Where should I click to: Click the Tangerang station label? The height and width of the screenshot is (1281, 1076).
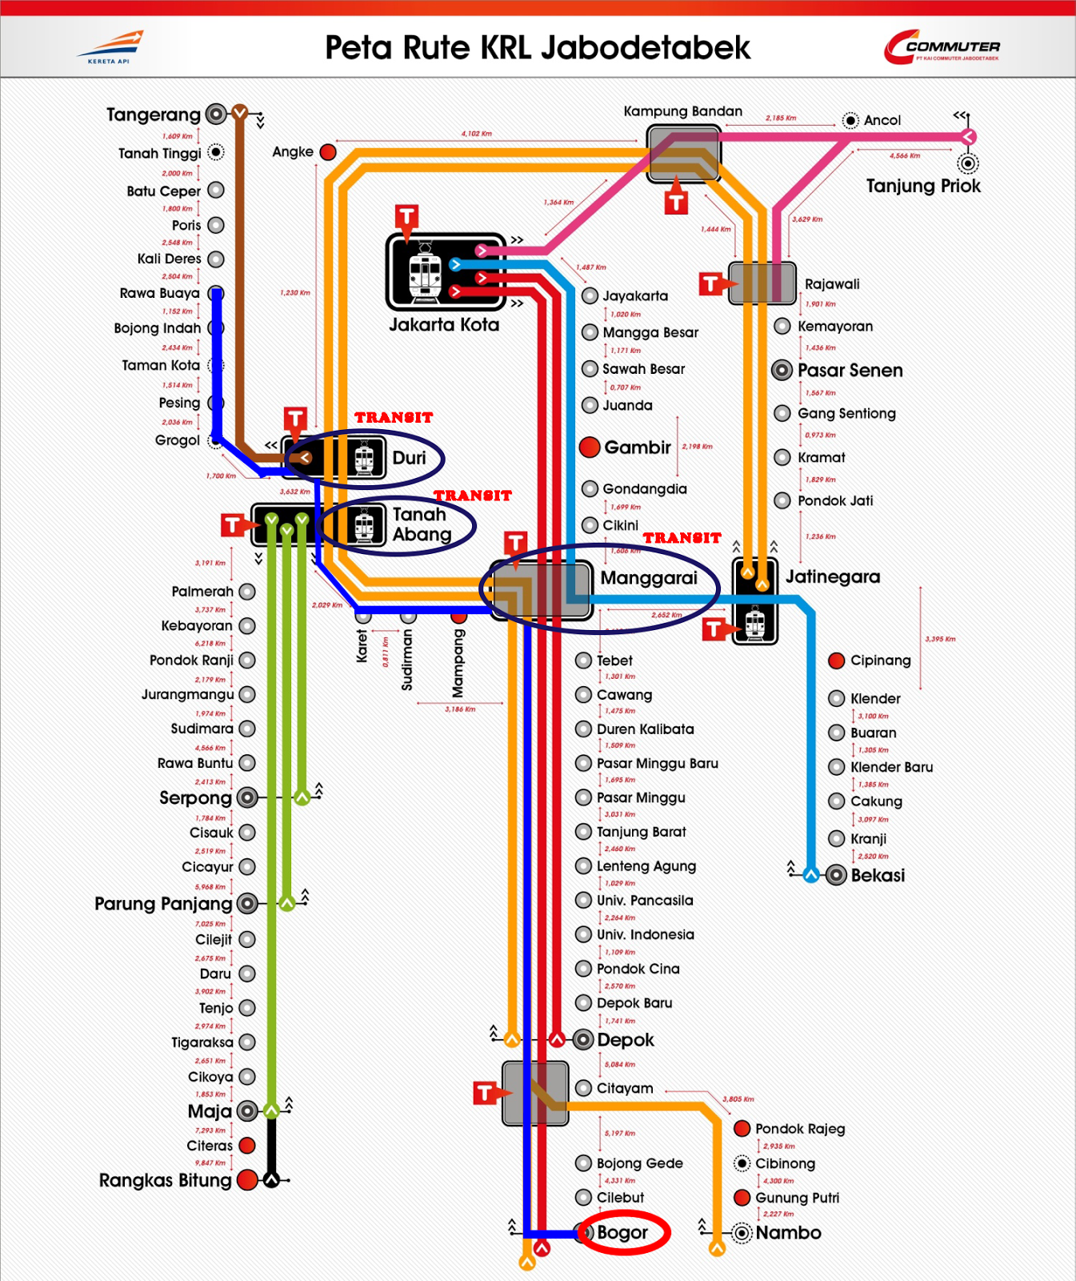154,114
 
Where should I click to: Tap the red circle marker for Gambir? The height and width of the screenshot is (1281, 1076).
590,447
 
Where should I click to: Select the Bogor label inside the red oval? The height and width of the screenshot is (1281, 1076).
622,1232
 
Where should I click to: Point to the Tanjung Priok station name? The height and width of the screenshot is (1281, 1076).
923,186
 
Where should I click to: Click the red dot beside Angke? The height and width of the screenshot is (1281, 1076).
328,152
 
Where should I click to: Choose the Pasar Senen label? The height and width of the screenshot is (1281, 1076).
850,370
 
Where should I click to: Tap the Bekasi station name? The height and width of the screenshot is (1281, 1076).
878,875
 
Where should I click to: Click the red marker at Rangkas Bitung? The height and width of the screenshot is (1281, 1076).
247,1179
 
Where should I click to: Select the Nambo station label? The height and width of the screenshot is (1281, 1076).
788,1232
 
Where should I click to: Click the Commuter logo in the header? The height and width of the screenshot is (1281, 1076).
942,47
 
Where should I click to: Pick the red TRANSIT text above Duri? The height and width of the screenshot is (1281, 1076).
394,417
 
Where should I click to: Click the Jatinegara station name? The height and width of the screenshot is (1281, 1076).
832,576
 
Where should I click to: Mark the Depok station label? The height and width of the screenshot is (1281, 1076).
626,1040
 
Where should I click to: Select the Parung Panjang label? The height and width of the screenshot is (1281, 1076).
163,904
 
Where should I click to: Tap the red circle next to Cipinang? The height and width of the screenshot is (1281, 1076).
837,661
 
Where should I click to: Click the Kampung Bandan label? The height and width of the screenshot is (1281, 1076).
682,111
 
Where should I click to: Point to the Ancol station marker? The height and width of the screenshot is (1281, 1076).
851,121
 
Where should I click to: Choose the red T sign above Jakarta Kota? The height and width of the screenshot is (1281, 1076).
406,216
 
